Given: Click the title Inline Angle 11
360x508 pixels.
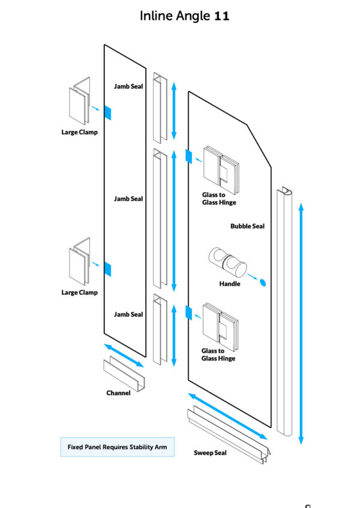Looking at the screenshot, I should [x=184, y=16].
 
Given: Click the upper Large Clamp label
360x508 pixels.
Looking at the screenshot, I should [x=79, y=132].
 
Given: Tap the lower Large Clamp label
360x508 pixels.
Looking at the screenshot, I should [x=79, y=293].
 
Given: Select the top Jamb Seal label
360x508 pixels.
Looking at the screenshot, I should [x=128, y=86].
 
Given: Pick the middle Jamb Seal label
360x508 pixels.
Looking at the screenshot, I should [x=128, y=199].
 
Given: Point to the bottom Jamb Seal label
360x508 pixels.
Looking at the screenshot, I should [x=128, y=315].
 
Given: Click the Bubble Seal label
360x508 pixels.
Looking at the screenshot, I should [x=247, y=226].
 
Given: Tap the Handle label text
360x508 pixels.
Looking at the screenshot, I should [x=230, y=284].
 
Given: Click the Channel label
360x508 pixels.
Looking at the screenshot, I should [x=119, y=393].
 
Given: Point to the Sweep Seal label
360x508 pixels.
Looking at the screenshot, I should [x=210, y=453].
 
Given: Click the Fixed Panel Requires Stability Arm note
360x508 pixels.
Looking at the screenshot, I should [x=117, y=447].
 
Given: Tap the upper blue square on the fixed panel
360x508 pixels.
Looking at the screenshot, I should [x=108, y=112].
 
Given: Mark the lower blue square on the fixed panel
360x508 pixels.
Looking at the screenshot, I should [x=108, y=270].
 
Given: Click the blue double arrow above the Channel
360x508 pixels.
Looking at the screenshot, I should [x=124, y=355].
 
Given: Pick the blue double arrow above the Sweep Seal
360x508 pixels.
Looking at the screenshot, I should [x=227, y=416].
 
